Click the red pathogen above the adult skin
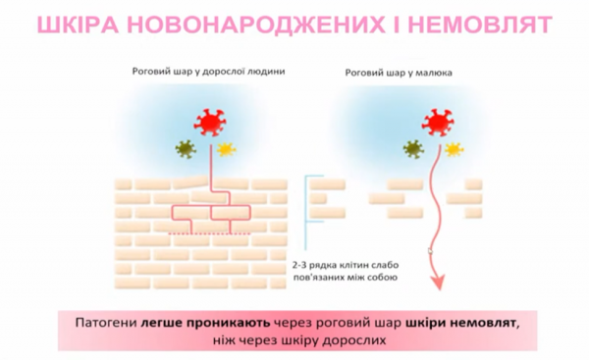209,122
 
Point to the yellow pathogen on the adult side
226,150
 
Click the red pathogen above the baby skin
438,122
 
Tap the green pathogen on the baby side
413,149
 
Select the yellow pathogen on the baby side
454,149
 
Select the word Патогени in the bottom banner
106,322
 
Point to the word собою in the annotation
379,279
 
